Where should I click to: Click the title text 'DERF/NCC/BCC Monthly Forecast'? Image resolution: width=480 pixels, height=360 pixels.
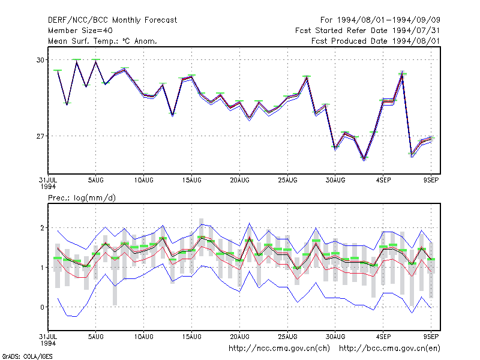[112, 20]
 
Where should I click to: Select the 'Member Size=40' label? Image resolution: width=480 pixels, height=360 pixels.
[80, 31]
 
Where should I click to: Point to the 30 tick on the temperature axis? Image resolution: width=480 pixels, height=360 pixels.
[40, 60]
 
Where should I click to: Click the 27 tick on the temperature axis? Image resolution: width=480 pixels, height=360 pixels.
[40, 136]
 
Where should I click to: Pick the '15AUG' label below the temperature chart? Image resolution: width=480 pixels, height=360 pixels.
[191, 181]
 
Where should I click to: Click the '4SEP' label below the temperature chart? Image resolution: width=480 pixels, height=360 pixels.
[383, 181]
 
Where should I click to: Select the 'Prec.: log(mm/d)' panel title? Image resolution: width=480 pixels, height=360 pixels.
[82, 198]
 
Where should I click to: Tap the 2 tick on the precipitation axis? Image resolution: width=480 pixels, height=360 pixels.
[42, 228]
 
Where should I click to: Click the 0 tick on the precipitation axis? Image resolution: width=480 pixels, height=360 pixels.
[42, 307]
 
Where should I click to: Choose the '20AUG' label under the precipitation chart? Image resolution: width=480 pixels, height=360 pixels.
[239, 337]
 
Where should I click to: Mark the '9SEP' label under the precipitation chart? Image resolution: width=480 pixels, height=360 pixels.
[431, 337]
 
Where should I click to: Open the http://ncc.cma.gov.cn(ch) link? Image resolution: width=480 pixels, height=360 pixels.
[279, 349]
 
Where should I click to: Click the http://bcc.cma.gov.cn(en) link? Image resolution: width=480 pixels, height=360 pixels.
[389, 349]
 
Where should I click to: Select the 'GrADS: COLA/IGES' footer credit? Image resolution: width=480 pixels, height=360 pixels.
[27, 356]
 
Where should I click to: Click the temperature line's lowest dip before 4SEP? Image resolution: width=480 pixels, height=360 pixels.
[364, 159]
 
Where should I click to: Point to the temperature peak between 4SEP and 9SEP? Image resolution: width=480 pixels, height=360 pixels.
[402, 73]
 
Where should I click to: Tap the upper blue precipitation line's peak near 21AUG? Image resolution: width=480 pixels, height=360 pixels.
[249, 223]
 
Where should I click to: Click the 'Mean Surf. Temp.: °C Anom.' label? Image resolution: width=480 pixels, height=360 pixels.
[103, 41]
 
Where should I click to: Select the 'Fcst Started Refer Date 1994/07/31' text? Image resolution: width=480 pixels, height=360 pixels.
[368, 31]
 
